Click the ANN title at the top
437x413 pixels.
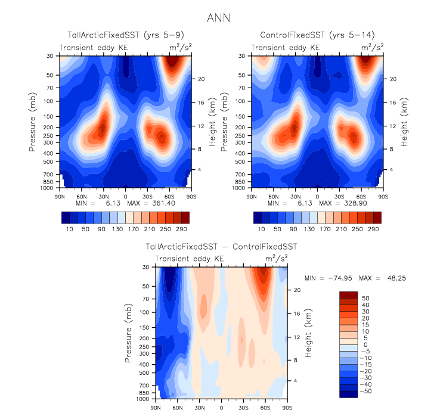[218, 17]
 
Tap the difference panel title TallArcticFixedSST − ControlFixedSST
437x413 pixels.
[221, 246]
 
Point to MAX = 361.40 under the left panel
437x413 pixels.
[146, 203]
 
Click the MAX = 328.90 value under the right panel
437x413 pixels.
[338, 203]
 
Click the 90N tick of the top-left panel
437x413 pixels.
[59, 195]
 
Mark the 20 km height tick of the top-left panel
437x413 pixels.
[201, 79]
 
